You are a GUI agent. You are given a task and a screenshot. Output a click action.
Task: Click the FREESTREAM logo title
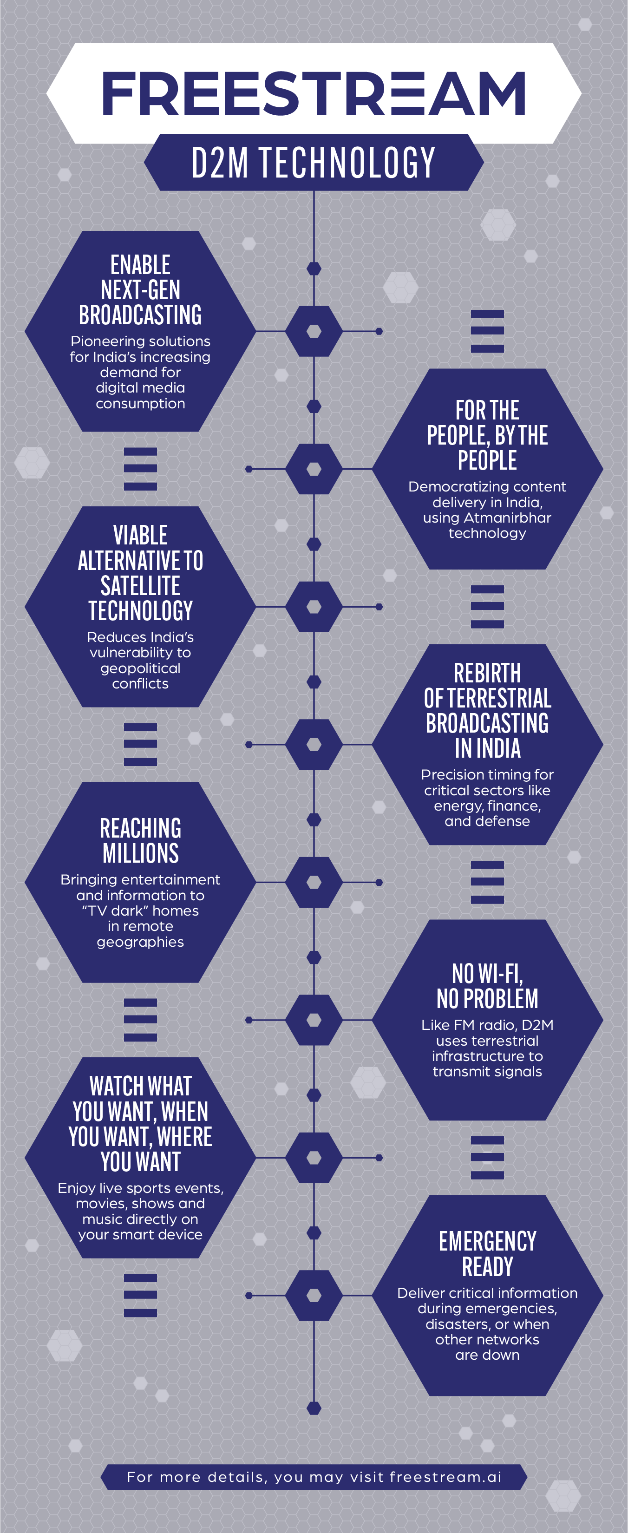(x=314, y=93)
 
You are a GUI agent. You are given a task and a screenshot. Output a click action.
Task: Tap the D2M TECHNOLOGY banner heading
(x=314, y=163)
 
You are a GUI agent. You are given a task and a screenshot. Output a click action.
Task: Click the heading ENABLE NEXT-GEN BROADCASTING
(x=140, y=290)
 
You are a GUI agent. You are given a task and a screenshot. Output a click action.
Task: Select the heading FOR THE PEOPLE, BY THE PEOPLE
(x=488, y=435)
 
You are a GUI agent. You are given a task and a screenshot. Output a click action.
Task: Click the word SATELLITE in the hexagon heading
(x=140, y=586)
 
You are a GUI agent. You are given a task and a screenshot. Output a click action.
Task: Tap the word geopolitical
(x=140, y=669)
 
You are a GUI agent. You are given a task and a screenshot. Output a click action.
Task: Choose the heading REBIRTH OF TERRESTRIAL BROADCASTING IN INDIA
(x=488, y=711)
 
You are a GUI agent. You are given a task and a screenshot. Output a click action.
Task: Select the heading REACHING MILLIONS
(x=140, y=840)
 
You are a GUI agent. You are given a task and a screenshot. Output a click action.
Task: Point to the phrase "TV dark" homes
(x=140, y=911)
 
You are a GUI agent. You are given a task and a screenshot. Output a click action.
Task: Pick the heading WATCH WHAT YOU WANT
(x=140, y=1124)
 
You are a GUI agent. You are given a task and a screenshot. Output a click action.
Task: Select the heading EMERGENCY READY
(x=488, y=1254)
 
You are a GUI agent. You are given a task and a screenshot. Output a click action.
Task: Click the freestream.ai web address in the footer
(x=446, y=1477)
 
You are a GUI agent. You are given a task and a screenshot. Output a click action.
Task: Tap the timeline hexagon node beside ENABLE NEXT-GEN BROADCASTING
(x=314, y=332)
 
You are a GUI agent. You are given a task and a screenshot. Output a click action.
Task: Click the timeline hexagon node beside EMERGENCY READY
(x=314, y=1295)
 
